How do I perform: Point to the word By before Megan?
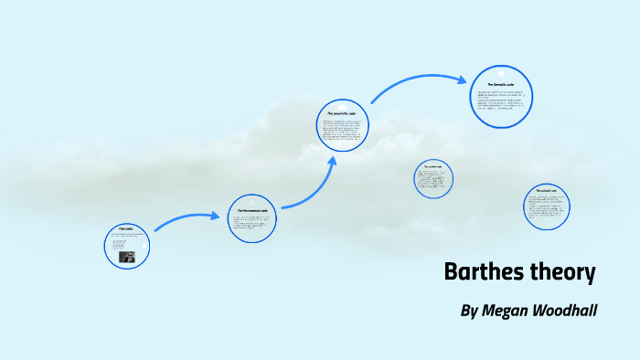click(469, 311)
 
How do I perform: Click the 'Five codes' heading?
click(125, 228)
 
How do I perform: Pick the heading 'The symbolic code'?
click(432, 165)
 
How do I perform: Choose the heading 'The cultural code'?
click(546, 190)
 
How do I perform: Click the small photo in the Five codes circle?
click(129, 257)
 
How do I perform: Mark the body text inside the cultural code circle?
click(547, 209)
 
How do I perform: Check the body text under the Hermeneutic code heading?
click(251, 223)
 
